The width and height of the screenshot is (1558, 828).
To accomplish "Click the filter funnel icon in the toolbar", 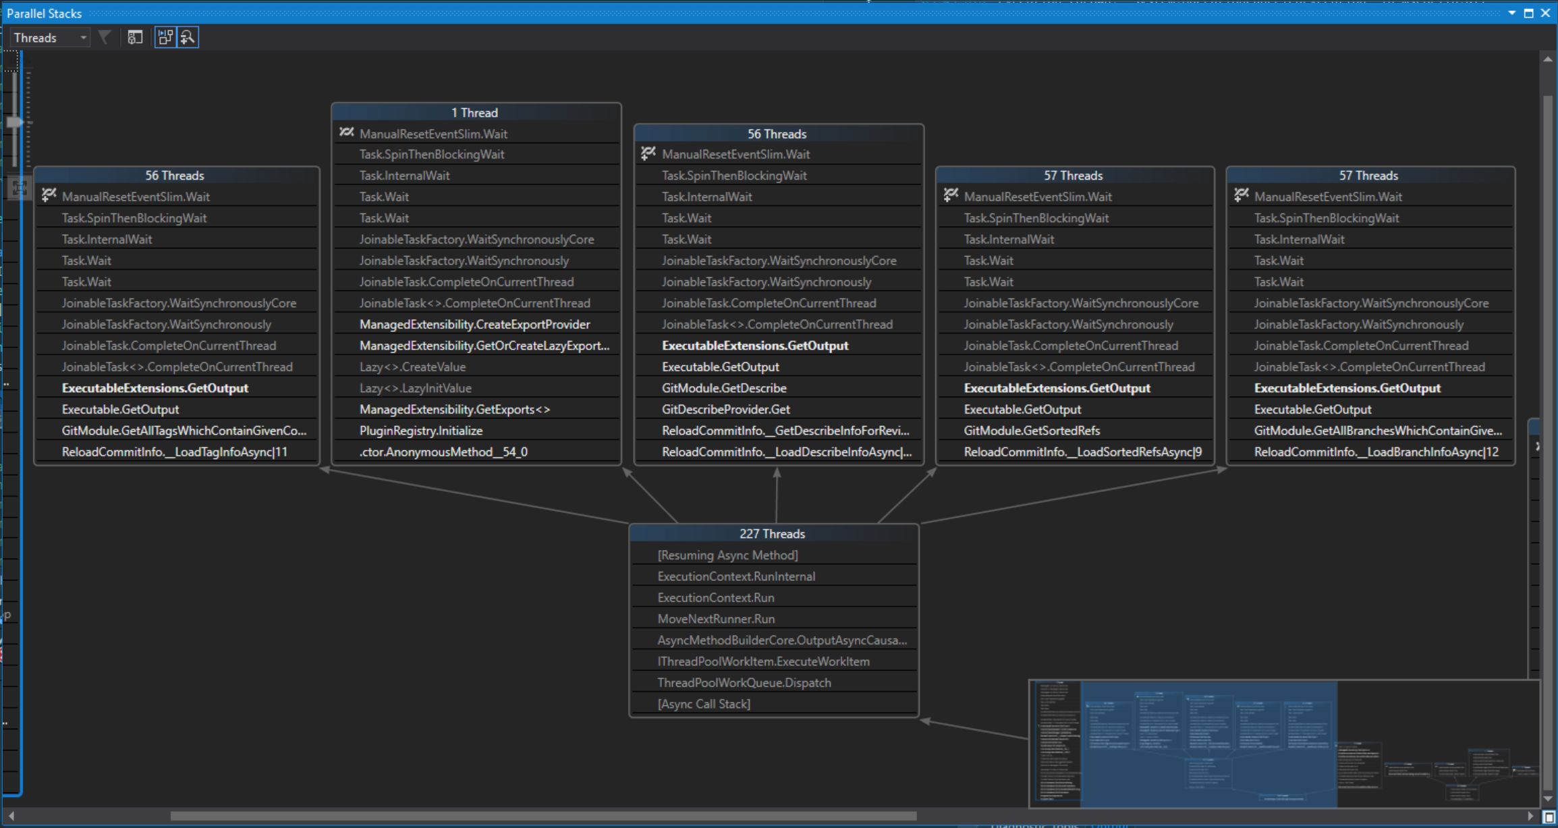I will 105,37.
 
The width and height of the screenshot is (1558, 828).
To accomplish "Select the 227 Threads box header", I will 773,534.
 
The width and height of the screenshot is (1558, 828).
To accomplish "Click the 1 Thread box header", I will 475,113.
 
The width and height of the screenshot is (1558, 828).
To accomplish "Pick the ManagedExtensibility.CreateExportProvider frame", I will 474,325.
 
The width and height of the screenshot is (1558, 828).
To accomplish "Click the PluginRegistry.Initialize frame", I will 420,431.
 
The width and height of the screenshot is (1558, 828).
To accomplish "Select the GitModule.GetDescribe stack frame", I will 724,388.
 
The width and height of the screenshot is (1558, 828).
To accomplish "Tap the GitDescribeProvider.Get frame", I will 725,410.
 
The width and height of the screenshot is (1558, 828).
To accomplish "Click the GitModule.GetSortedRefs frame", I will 1032,431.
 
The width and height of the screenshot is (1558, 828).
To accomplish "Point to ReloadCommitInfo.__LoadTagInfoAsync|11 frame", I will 174,452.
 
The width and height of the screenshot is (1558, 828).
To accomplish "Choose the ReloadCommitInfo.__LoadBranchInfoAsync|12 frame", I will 1376,452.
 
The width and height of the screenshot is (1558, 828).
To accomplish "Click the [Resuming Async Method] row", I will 727,555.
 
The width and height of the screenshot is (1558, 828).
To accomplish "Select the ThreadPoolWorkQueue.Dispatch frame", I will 744,683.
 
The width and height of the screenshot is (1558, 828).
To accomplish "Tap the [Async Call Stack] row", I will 703,704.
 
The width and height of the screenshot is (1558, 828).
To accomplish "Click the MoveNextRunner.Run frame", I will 715,619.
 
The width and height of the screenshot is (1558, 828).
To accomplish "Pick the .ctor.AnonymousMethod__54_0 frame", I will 443,452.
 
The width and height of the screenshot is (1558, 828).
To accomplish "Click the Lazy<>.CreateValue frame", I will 412,367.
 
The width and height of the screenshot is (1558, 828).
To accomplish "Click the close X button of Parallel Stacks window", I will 1545,13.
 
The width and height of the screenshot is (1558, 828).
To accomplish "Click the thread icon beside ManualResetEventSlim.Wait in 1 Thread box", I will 346,133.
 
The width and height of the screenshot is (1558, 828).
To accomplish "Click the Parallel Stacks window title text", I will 44,13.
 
